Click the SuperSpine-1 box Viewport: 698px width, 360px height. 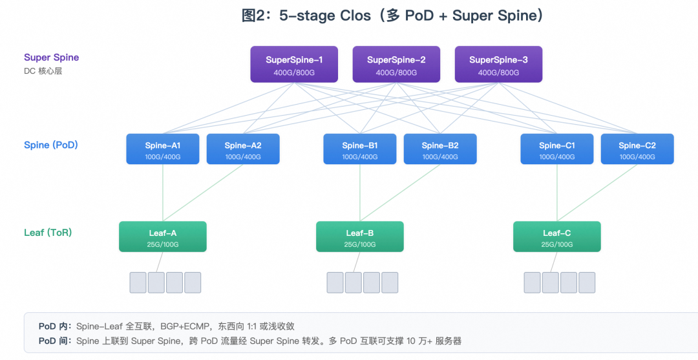(x=294, y=64)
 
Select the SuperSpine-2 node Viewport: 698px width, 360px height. (x=396, y=64)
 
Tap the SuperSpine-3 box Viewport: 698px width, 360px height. (x=498, y=64)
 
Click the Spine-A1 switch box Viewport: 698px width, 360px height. (x=162, y=149)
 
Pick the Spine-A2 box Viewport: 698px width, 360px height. (x=243, y=149)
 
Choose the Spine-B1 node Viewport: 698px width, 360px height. (x=360, y=149)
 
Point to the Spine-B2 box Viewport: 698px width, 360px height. (x=440, y=149)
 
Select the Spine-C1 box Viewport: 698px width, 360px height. (x=557, y=149)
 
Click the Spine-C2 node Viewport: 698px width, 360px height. (x=637, y=149)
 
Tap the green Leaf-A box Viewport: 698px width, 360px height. (x=162, y=237)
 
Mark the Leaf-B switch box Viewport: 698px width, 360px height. (x=360, y=237)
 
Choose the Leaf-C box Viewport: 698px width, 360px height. (x=557, y=237)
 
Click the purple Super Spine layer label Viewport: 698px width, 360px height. (x=51, y=58)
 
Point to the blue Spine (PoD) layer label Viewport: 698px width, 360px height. (x=51, y=145)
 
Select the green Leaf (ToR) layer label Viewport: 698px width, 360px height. (x=48, y=233)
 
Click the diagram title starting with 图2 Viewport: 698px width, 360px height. (x=393, y=16)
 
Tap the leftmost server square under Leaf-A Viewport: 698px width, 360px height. (x=138, y=282)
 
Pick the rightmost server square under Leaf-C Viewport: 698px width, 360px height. (x=587, y=282)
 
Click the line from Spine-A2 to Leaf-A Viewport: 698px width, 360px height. (x=203, y=193)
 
